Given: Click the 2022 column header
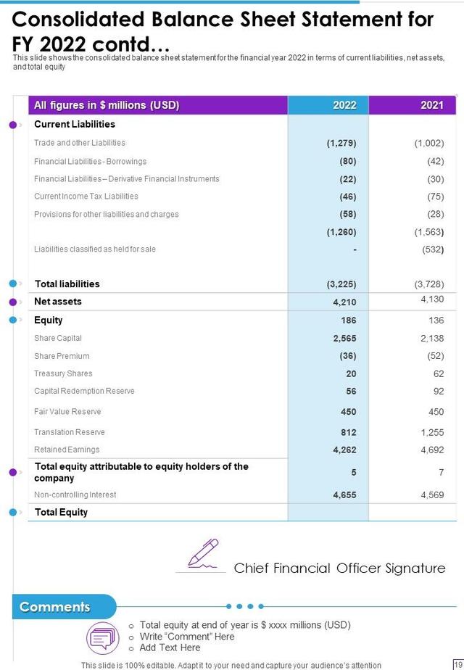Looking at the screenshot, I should click(344, 105).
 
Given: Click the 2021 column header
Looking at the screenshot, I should click(431, 105).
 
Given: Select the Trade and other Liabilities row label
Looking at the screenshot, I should click(80, 143).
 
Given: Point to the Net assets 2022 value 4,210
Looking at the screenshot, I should click(344, 302).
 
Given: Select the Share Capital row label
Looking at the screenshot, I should click(58, 338).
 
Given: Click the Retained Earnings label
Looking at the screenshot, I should click(67, 450).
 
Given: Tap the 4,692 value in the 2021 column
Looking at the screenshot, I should click(432, 450).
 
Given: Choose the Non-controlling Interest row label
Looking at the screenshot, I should click(75, 495).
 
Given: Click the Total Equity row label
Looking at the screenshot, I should click(61, 512).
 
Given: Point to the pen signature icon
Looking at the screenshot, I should click(203, 553).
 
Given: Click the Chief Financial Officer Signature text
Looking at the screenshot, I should click(339, 568).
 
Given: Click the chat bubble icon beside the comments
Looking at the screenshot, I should click(101, 637).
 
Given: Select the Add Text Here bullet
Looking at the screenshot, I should click(170, 648).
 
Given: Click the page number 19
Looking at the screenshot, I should click(457, 664).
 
